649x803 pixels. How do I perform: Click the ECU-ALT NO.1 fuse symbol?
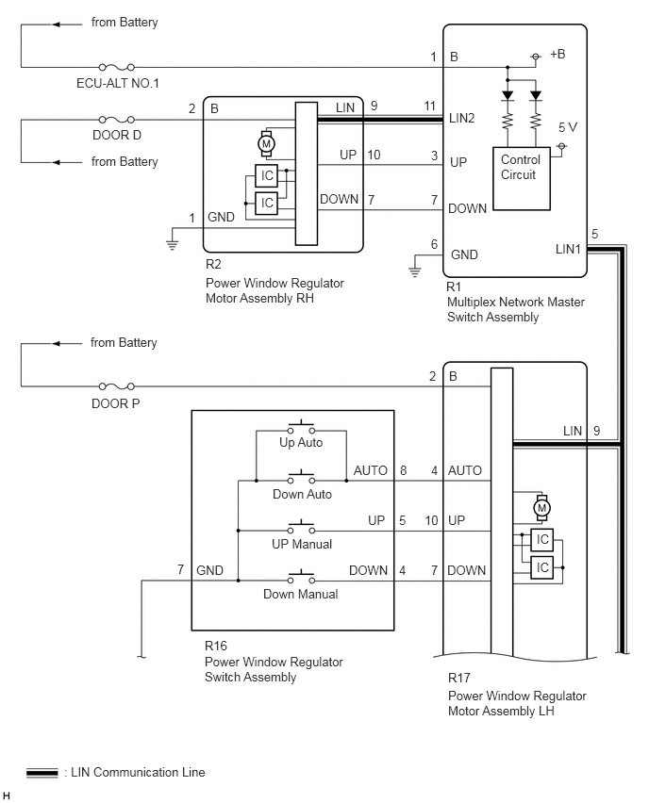[116, 67]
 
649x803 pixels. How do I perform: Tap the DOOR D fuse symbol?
[116, 120]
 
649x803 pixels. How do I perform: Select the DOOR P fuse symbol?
[116, 386]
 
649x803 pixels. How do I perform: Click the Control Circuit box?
[522, 178]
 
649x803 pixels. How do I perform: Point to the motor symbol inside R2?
[266, 144]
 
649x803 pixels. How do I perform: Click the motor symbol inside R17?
[541, 508]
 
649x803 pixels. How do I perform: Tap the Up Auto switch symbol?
[301, 428]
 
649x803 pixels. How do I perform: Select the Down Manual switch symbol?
[301, 577]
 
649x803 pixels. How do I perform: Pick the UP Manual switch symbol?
[301, 528]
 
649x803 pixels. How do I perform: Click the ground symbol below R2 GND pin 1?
[173, 245]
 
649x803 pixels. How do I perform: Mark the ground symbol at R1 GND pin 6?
[415, 272]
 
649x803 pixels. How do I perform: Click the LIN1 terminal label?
[568, 249]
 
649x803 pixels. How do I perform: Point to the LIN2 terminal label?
[462, 119]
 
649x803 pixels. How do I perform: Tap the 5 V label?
[568, 127]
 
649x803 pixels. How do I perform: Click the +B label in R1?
[557, 54]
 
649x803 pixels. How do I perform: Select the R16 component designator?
[216, 646]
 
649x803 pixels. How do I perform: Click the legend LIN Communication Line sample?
[42, 773]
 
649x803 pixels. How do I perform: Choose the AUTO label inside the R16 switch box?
[370, 470]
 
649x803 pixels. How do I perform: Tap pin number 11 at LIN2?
[429, 106]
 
